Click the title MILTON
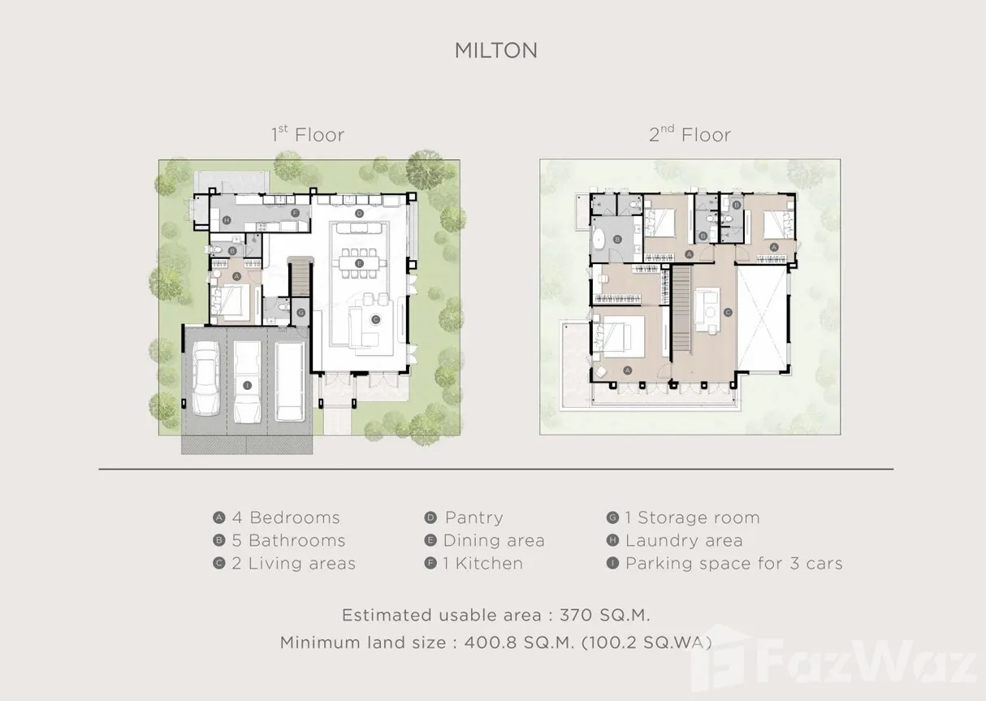(x=496, y=50)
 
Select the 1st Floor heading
(x=308, y=134)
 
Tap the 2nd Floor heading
(x=690, y=134)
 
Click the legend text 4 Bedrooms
(x=286, y=517)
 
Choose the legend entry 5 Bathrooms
(x=289, y=540)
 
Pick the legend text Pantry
(x=474, y=517)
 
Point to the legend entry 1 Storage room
(x=693, y=517)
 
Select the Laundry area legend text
(x=684, y=540)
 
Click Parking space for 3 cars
(x=734, y=563)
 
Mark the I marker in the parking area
(x=248, y=385)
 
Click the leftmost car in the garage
(x=206, y=379)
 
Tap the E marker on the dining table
(x=359, y=263)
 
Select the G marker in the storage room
(x=301, y=313)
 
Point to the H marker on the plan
(x=227, y=220)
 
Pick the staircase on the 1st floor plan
(x=301, y=278)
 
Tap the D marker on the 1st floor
(x=359, y=214)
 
